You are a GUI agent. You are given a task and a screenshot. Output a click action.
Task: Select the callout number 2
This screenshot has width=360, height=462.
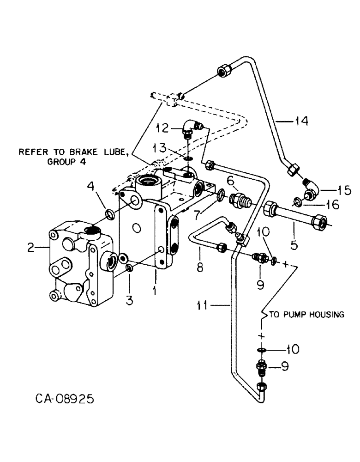pyautogui.click(x=31, y=248)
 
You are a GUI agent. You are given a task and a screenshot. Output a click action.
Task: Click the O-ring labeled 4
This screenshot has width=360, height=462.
pyautogui.click(x=110, y=214)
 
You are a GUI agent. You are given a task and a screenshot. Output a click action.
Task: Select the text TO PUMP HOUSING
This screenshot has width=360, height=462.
pyautogui.click(x=306, y=315)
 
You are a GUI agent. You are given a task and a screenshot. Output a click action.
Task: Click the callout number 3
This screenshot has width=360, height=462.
pyautogui.click(x=129, y=301)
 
